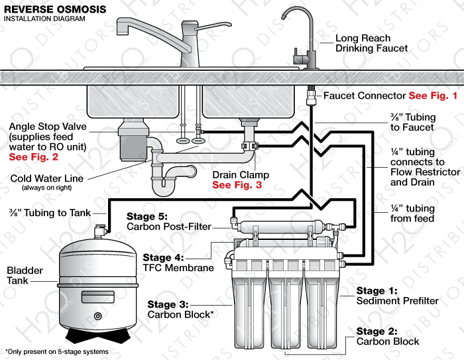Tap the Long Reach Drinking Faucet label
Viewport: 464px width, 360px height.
pyautogui.click(x=371, y=43)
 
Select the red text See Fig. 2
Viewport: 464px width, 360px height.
pyautogui.click(x=33, y=157)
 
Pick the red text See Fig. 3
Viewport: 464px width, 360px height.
pyautogui.click(x=237, y=185)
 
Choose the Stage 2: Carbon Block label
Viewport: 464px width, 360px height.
pyautogui.click(x=388, y=336)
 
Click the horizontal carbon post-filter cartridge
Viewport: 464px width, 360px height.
pyautogui.click(x=278, y=226)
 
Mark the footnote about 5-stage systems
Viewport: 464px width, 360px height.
pyautogui.click(x=56, y=351)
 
